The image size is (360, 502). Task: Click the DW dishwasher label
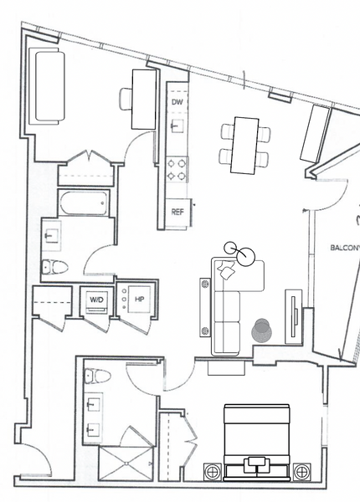[x=177, y=102]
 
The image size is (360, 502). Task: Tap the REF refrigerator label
[x=177, y=212]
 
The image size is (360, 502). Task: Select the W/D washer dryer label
[x=96, y=300]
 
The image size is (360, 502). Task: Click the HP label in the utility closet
[x=139, y=299]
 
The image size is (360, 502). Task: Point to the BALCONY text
[x=345, y=248]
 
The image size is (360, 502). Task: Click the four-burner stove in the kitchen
[x=177, y=169]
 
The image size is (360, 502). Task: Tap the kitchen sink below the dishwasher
[x=177, y=125]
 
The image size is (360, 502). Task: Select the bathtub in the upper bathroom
[x=83, y=203]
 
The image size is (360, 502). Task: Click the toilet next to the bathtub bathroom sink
[x=54, y=267]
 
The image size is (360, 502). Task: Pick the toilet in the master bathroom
[x=98, y=376]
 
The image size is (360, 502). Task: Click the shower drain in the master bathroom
[x=127, y=464]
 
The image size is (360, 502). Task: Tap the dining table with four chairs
[x=245, y=146]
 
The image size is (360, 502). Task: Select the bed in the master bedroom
[x=256, y=443]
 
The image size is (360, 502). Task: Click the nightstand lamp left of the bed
[x=213, y=472]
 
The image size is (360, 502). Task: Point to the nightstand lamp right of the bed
[x=301, y=472]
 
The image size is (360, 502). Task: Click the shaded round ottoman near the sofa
[x=262, y=330]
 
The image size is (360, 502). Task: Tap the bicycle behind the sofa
[x=240, y=254]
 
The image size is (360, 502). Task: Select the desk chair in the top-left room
[x=126, y=99]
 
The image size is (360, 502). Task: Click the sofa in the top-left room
[x=47, y=86]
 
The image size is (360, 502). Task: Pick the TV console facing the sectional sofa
[x=294, y=316]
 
